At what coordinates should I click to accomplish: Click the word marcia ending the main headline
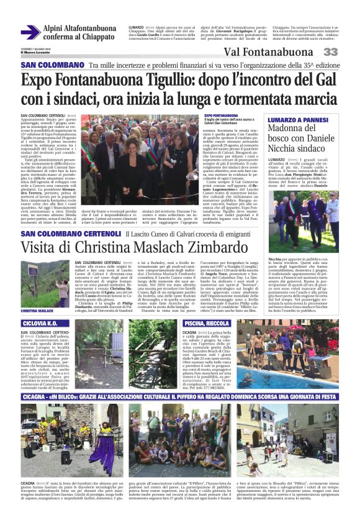pyautogui.click(x=302, y=99)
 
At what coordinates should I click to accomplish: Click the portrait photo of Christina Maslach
pyautogui.click(x=38, y=286)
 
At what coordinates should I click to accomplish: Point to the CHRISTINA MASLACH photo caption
pyautogui.click(x=37, y=311)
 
